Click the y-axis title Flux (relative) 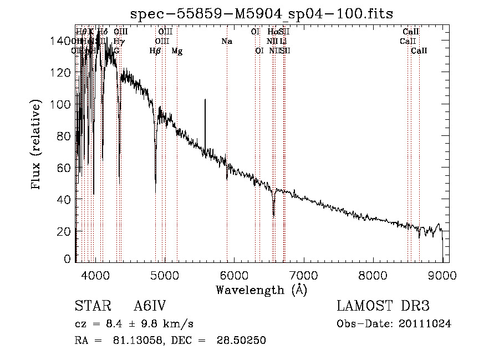tap(37, 145)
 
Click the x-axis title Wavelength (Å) tap(262, 289)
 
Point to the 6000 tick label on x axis tap(234, 275)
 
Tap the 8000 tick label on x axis tap(373, 275)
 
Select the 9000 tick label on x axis tap(442, 275)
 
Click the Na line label tap(226, 41)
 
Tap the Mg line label tap(176, 51)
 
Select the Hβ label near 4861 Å tap(155, 51)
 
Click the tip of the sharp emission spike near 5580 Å tap(205, 100)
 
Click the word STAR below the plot tap(89, 306)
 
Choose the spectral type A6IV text tap(150, 306)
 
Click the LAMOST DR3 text tap(383, 306)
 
